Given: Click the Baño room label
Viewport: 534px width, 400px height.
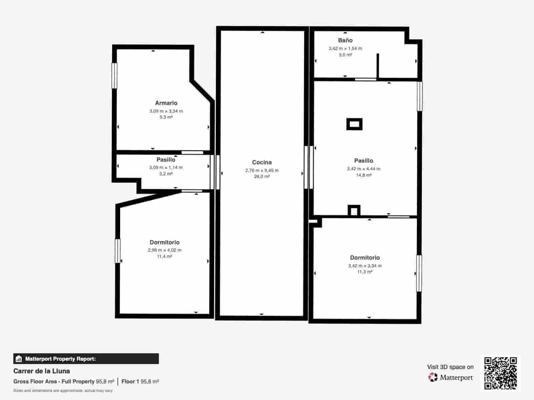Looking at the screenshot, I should coord(345,40).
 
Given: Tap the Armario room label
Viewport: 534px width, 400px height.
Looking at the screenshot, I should coord(166,103).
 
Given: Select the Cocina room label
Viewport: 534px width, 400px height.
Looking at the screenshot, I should coord(262,162).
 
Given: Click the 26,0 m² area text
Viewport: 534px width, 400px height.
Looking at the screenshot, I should coord(262,176).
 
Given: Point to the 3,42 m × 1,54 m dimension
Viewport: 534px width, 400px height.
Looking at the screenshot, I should coord(345,48).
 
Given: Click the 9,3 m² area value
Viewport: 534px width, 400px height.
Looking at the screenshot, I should coord(166,117).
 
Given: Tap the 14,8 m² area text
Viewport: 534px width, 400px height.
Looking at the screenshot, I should coord(363,175).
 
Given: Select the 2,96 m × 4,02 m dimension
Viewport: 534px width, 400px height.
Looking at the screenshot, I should coord(165,250).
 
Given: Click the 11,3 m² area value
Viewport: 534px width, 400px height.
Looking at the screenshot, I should coord(365,272).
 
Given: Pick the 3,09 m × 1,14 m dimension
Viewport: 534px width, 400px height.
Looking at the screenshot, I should coord(166,167).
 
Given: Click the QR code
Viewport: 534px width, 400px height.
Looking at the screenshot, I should coord(500,373).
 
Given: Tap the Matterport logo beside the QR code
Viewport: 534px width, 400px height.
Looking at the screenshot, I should coord(451,377).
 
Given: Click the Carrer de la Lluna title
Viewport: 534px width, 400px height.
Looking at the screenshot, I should coord(42,371).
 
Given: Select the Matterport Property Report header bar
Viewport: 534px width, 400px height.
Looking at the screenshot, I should coord(86,359).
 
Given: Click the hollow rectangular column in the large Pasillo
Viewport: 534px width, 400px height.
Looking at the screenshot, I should coord(354,124).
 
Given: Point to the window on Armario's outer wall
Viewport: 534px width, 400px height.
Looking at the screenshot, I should coord(114,75).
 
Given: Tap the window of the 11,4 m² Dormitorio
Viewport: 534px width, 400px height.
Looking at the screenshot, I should coord(117,251).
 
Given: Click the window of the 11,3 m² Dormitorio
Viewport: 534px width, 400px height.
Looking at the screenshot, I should coord(419,273).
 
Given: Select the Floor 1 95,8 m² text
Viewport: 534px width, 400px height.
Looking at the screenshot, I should coord(140,381).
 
